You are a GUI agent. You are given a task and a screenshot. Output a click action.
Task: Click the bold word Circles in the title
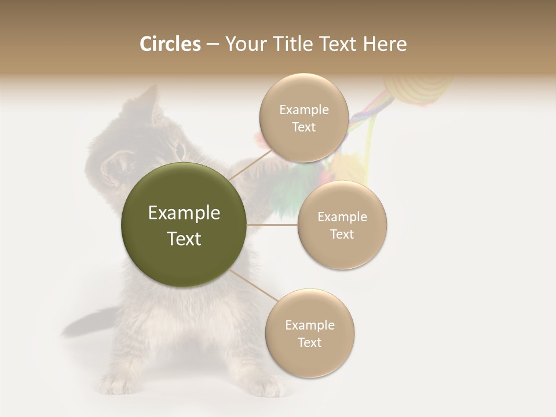pos(170,44)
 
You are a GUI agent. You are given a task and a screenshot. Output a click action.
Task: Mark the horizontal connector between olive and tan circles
pos(272,225)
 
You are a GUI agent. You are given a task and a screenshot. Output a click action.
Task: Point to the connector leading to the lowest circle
pos(254,286)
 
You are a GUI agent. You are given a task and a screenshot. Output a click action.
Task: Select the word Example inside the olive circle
pos(184,213)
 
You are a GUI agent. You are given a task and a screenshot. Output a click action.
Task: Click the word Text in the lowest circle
pos(309,342)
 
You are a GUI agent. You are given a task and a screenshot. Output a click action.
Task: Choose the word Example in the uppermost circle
pos(304,110)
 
